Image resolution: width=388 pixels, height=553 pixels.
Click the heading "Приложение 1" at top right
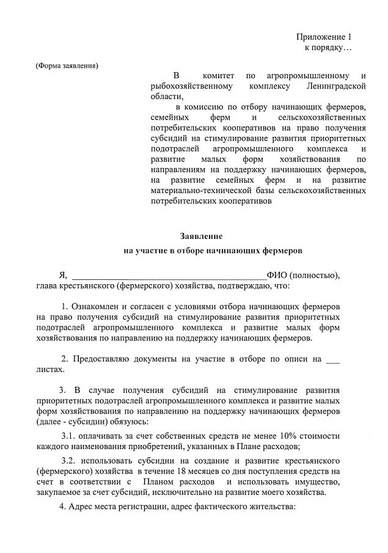click(x=324, y=37)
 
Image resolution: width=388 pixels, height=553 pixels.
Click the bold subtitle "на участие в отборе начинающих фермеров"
click(x=213, y=251)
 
